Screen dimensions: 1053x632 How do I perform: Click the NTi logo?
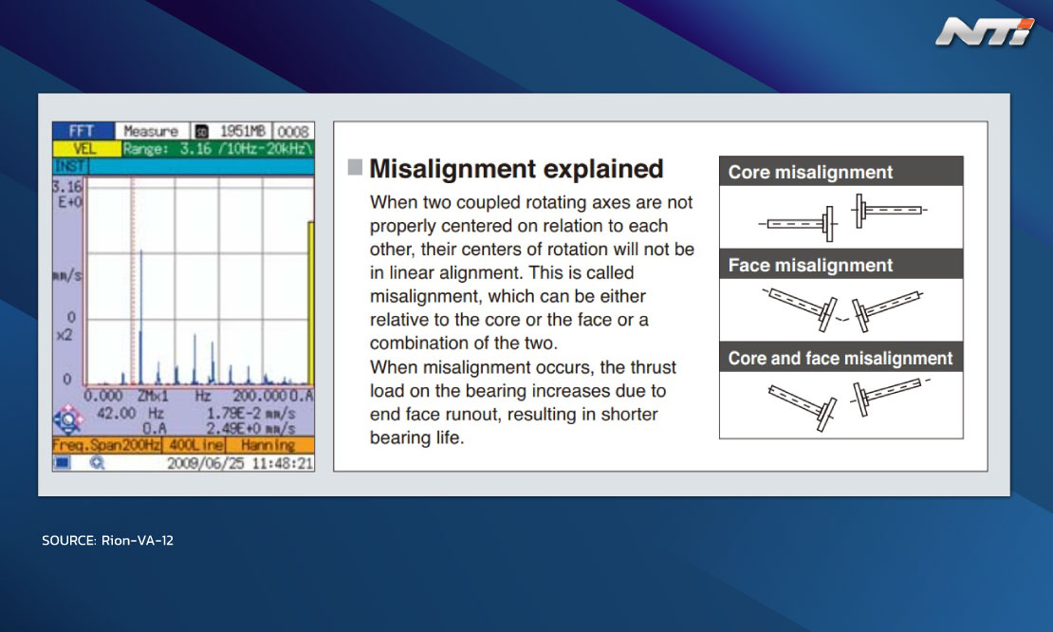[x=985, y=32]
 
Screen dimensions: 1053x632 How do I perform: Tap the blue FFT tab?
[x=83, y=130]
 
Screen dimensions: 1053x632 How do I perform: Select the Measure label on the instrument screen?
[x=151, y=131]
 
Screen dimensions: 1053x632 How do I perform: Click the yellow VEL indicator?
[x=85, y=148]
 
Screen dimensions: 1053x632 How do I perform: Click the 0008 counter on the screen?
[x=293, y=131]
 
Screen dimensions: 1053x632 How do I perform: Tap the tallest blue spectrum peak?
[x=141, y=317]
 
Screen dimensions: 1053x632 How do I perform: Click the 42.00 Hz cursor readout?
[x=130, y=413]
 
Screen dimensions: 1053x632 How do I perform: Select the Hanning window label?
[x=268, y=445]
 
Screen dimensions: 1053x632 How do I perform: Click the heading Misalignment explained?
[x=516, y=169]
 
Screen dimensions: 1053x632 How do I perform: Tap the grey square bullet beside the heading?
[x=355, y=167]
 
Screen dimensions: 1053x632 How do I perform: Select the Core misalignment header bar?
[x=841, y=171]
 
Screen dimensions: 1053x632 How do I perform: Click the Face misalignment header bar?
[x=841, y=265]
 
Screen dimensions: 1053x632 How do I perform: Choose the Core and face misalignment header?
[x=841, y=358]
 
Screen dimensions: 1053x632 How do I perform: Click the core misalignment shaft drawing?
[x=842, y=217]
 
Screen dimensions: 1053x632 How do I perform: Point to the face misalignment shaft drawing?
[x=842, y=310]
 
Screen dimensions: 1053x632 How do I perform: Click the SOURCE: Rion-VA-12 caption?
[x=107, y=540]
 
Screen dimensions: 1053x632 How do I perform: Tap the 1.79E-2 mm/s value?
[x=250, y=413]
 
